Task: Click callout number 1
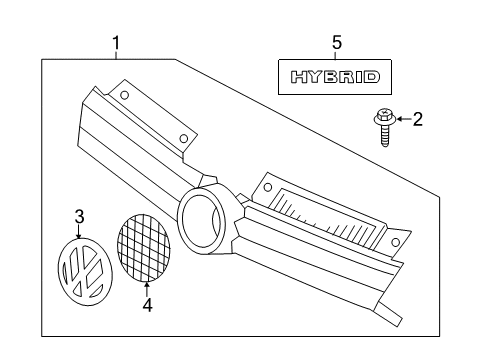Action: click(116, 43)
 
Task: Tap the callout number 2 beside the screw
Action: click(418, 119)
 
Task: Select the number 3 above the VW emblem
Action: click(79, 217)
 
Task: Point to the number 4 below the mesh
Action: click(147, 305)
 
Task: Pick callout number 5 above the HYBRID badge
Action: click(337, 43)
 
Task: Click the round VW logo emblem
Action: click(85, 271)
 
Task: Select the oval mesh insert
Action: click(144, 248)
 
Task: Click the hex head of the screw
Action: click(384, 117)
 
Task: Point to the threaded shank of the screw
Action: click(385, 136)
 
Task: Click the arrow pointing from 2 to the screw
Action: click(404, 119)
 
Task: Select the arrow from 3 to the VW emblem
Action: click(79, 231)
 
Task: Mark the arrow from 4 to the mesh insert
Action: click(147, 289)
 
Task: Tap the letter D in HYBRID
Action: click(371, 77)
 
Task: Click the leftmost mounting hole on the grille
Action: click(124, 96)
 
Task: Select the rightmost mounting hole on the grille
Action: click(395, 242)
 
